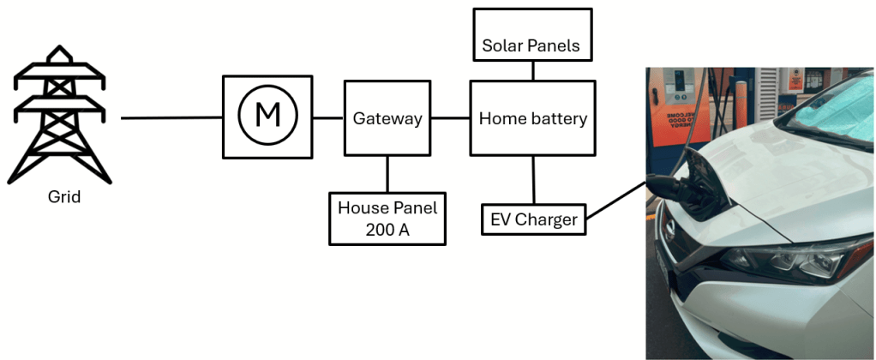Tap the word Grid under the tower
pos(64,197)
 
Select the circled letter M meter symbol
pos(267,116)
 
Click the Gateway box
pos(387,118)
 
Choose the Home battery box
pos(532,118)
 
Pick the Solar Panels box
pos(532,45)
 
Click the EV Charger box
pos(533,219)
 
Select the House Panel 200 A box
pos(387,219)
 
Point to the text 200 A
pos(387,229)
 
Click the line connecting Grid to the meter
pos(171,118)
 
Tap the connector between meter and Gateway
pos(327,118)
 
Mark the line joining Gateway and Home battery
pos(450,118)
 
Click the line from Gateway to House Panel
pos(387,174)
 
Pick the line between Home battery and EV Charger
pos(533,180)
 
